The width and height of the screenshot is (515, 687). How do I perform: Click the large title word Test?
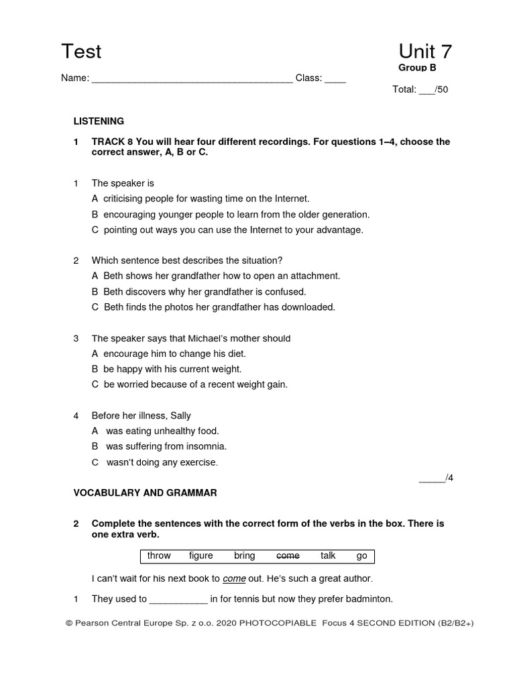[x=81, y=52]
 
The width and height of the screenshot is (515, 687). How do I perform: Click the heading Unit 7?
[x=425, y=52]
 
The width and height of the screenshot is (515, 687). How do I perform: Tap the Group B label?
[x=417, y=68]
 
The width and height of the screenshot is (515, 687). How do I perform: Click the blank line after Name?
[x=192, y=78]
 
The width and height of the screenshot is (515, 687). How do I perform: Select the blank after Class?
[x=335, y=78]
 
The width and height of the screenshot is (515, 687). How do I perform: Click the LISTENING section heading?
[x=99, y=121]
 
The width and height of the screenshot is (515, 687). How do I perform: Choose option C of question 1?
[x=227, y=229]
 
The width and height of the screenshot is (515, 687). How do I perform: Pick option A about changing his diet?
[x=169, y=354]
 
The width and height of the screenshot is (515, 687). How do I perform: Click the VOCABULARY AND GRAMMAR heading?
[x=145, y=492]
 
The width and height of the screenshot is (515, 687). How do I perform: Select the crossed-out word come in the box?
[x=288, y=556]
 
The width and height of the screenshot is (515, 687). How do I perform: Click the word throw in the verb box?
[x=159, y=556]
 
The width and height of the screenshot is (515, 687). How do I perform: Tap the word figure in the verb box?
[x=201, y=556]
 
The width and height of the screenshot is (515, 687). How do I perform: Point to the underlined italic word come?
[x=234, y=578]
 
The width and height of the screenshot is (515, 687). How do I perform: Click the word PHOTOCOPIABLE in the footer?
[x=273, y=623]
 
